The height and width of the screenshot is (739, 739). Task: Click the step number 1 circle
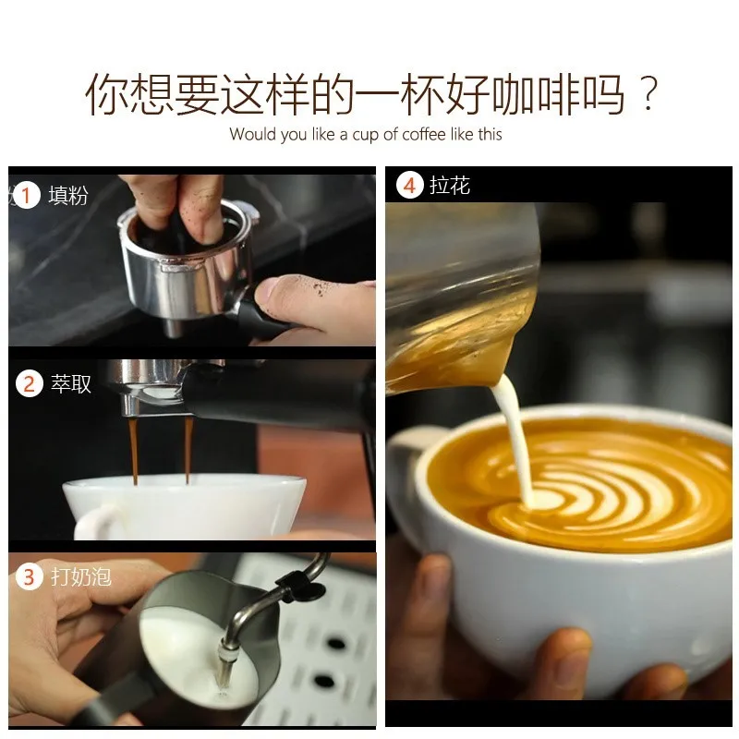pos(27,196)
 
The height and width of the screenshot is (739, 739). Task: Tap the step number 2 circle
pos(30,384)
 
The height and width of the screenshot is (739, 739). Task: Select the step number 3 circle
pos(30,576)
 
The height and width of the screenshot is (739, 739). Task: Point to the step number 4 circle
pos(409,185)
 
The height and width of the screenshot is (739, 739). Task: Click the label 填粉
pos(68,195)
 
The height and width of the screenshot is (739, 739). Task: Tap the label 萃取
pos(71,383)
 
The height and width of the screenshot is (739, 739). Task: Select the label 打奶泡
pos(81,576)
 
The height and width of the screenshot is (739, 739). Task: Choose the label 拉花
pos(450,185)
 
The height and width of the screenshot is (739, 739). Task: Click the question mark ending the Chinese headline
pos(648,93)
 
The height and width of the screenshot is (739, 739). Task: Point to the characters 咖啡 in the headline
pos(536,94)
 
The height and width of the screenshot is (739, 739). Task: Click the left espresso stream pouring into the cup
pos(133,450)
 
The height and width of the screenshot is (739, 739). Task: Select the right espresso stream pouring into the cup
pos(188,449)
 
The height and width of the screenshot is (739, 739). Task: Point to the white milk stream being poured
pos(514,443)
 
